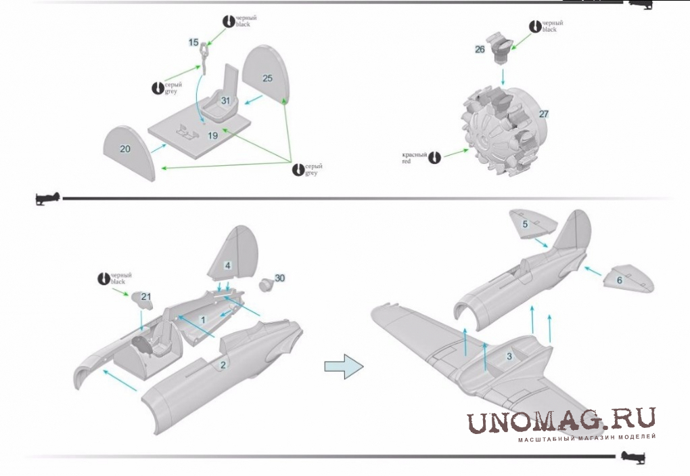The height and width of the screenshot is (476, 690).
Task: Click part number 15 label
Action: point(193,43)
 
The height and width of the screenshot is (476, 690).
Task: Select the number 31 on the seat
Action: point(226,101)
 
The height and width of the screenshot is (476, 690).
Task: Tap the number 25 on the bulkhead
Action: point(267,79)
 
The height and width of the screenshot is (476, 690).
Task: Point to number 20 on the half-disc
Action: point(125,149)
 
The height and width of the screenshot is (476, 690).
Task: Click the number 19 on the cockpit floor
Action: point(212,136)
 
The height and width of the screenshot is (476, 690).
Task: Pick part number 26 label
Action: point(480,49)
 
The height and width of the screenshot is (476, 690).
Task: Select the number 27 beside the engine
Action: point(543,114)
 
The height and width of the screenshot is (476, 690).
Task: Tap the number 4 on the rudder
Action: point(228,266)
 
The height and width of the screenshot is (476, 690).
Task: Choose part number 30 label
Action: point(280,278)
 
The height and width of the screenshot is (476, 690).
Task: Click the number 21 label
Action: point(145,296)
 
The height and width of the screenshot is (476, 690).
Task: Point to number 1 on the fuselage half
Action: point(202,318)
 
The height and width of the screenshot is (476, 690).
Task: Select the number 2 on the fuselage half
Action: point(221,365)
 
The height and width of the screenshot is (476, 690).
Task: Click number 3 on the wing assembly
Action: point(509,355)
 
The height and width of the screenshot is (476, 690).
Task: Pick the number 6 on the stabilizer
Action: point(619,280)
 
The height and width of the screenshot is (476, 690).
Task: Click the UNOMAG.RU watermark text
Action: point(561,421)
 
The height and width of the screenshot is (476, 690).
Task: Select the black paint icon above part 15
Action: point(228,20)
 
